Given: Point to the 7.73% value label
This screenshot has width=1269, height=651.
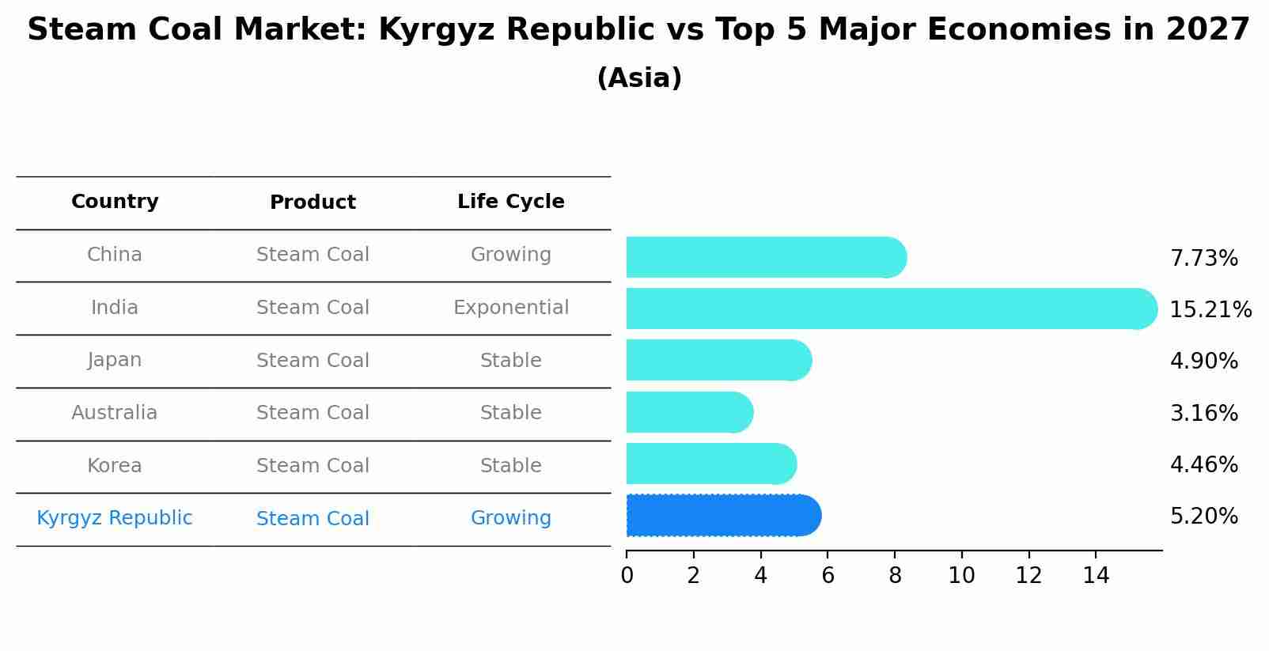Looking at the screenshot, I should (1203, 259).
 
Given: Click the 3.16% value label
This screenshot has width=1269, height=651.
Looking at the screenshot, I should (1203, 413).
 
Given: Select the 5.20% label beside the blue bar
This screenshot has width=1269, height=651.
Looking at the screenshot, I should (1203, 517).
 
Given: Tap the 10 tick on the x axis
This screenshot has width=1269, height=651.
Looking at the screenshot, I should (961, 576).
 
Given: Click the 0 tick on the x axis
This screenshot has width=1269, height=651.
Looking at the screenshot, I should (627, 576).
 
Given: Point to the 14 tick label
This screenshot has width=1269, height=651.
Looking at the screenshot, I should (1096, 576).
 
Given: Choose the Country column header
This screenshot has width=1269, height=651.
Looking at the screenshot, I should (115, 202).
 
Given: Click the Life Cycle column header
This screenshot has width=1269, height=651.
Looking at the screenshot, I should (510, 202).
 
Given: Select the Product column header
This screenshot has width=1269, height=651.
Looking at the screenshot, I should (313, 202).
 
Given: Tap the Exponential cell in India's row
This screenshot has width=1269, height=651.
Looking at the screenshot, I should (510, 308).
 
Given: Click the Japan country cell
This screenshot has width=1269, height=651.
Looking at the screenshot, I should (115, 360).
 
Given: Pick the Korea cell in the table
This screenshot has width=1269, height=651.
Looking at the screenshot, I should (115, 466).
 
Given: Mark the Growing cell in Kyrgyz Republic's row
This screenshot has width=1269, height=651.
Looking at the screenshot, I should (510, 518).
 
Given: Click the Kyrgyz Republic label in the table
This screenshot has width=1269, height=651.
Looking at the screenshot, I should (115, 518).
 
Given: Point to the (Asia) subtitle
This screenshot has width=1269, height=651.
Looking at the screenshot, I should (639, 78).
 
